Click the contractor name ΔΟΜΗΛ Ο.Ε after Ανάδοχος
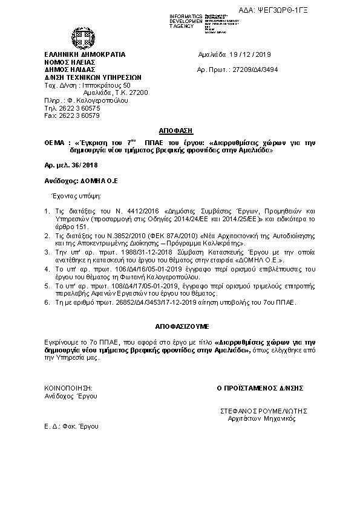point(96,181)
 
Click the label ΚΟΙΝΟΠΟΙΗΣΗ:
point(68,387)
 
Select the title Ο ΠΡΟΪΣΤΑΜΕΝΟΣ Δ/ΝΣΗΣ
point(260,387)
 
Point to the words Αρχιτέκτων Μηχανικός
point(260,418)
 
